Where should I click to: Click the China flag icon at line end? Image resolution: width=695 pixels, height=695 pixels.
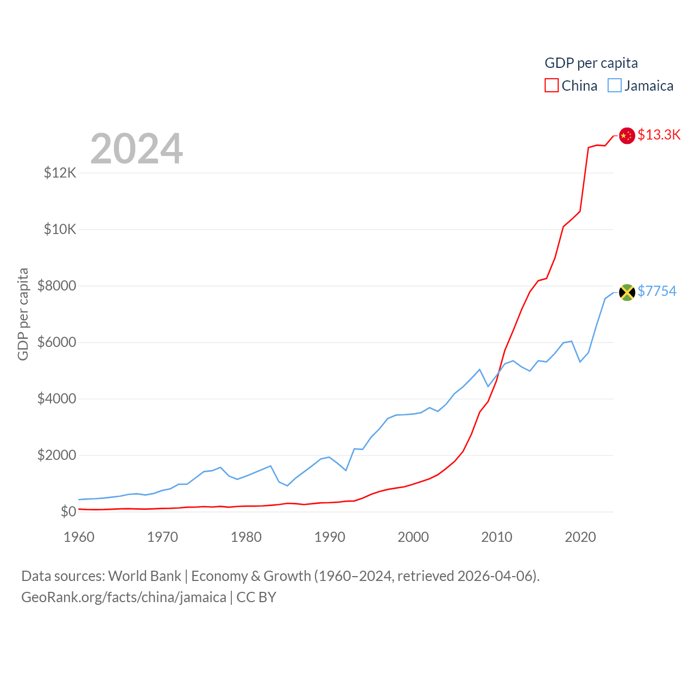click(x=627, y=136)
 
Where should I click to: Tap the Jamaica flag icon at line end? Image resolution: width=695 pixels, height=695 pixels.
click(x=627, y=292)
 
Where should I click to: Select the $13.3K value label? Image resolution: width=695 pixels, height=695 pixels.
click(x=659, y=135)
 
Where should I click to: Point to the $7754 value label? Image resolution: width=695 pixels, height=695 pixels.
click(x=657, y=291)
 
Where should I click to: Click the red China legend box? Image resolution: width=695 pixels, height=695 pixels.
click(x=552, y=86)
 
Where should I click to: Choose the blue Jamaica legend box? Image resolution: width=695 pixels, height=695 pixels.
click(x=615, y=86)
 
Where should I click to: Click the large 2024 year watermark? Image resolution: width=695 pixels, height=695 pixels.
click(x=137, y=149)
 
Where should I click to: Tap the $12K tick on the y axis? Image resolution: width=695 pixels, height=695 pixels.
click(x=60, y=173)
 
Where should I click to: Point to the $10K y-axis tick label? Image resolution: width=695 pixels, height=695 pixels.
click(x=60, y=229)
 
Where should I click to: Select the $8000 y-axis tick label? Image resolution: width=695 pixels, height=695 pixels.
click(x=57, y=286)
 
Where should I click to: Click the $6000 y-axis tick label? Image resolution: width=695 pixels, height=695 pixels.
click(x=57, y=342)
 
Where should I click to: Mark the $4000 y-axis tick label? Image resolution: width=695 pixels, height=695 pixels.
click(x=57, y=399)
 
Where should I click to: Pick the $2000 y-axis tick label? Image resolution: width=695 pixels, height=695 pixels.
click(x=57, y=455)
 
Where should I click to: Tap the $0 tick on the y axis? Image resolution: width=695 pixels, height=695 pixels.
click(x=68, y=511)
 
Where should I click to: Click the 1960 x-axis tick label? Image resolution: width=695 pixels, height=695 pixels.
click(x=79, y=537)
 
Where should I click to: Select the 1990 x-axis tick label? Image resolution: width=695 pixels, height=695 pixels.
click(x=330, y=537)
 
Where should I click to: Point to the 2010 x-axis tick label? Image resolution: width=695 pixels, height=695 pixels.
click(x=497, y=537)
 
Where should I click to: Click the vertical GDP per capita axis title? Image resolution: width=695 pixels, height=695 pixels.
click(x=23, y=314)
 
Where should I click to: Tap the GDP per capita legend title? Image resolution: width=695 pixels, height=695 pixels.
click(x=591, y=63)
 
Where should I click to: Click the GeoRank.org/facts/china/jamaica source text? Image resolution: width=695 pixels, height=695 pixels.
click(x=124, y=597)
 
